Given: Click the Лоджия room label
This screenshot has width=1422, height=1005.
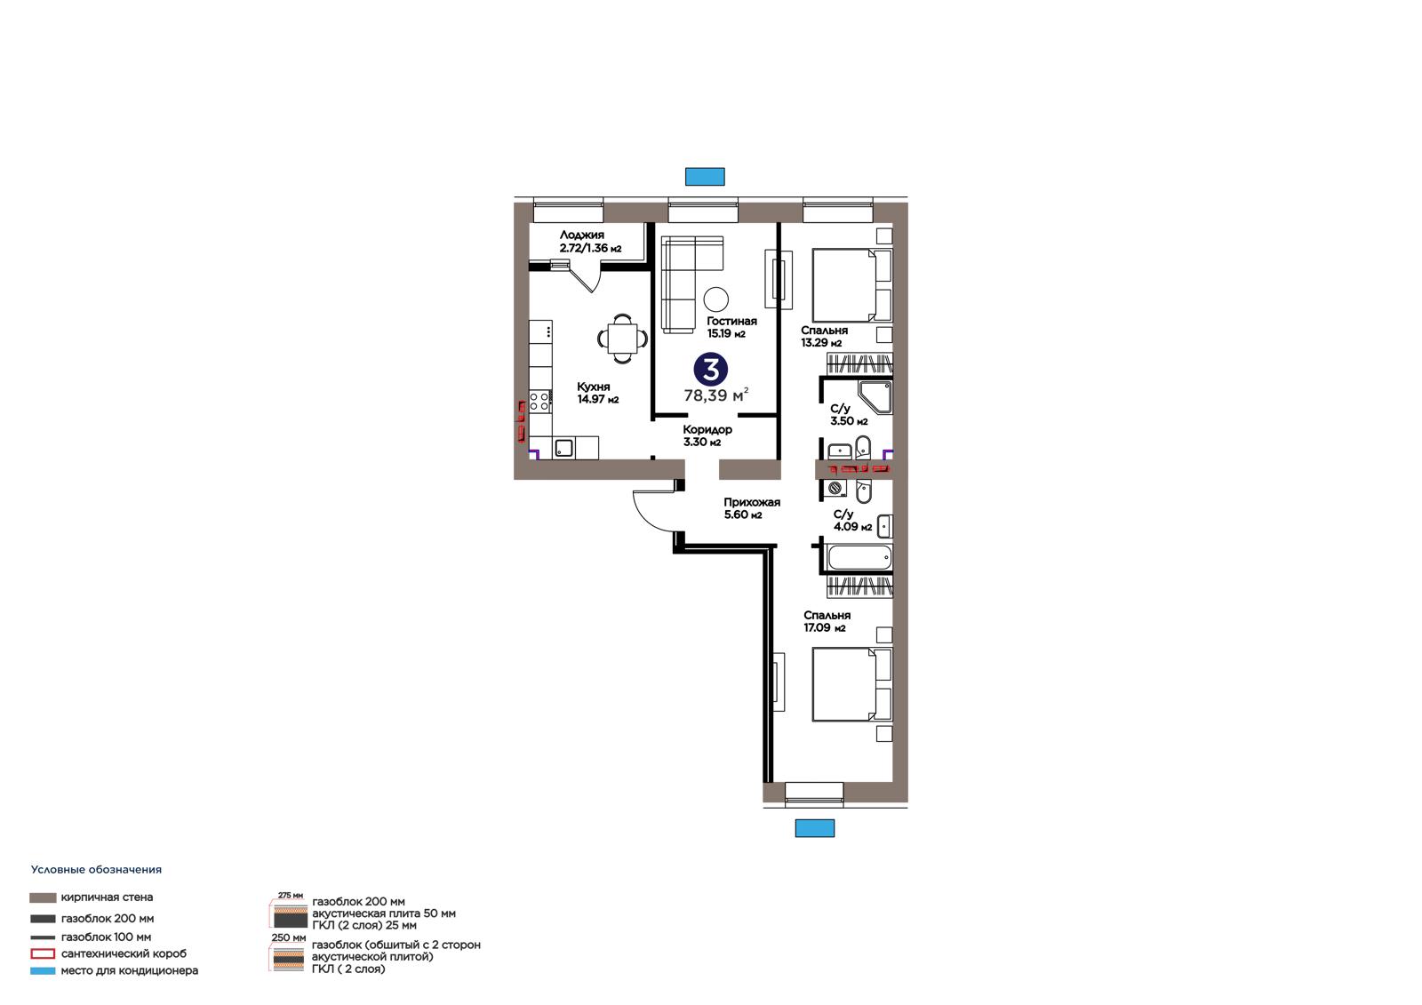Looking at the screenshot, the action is pos(581,235).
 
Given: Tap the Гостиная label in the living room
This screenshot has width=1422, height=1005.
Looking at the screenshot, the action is pos(731,322).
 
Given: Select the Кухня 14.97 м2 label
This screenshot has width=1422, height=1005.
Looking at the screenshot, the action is pos(597,393).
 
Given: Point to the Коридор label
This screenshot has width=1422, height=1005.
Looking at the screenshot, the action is pos(707,430).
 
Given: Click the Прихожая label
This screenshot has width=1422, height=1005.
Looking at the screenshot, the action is pos(752,502).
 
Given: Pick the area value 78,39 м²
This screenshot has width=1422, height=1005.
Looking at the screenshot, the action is pos(716,395).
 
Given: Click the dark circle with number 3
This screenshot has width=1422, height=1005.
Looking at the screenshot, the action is pos(710,369).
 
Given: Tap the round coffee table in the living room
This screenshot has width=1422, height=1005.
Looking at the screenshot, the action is pos(716,299).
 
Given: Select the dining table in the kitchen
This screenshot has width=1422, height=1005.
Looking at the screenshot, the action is pos(623,339).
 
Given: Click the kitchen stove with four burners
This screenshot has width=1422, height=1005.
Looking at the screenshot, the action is pos(540,402).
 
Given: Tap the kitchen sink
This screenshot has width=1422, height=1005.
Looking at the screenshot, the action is pos(563,448).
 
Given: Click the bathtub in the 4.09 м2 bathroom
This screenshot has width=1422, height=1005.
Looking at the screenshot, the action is pos(859,558).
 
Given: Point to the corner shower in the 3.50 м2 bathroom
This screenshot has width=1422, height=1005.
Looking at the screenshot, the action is pos(875,397).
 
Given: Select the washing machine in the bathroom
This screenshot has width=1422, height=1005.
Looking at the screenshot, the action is pos(836,488).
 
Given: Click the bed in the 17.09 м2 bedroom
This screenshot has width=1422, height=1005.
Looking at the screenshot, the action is pos(852,684).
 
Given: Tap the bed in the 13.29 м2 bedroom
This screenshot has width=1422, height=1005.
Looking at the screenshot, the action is pos(852,285).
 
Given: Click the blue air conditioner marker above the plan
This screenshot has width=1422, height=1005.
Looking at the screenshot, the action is pos(705,177).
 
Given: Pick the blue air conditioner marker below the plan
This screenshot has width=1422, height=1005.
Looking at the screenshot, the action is pos(815,828).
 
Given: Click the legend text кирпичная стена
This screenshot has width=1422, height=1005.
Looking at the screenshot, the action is pos(107,897).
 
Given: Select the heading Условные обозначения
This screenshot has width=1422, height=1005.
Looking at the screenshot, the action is pos(97,870).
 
